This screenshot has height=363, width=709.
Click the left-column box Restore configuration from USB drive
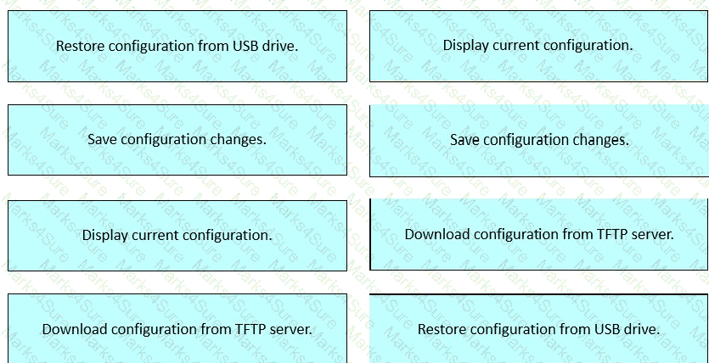(177, 46)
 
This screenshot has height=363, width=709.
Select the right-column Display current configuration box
(539, 46)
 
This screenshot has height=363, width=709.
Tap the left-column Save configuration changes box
(177, 140)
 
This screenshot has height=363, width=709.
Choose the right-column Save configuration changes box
(539, 141)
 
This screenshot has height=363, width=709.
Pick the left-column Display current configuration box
(177, 236)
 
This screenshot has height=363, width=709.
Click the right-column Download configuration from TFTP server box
(539, 235)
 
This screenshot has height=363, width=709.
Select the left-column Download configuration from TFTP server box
(177, 329)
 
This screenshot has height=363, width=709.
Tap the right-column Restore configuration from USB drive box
(539, 329)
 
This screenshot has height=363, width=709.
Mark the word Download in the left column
(75, 329)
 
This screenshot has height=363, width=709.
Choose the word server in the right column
(652, 235)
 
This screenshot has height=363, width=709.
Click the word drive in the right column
(641, 329)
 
